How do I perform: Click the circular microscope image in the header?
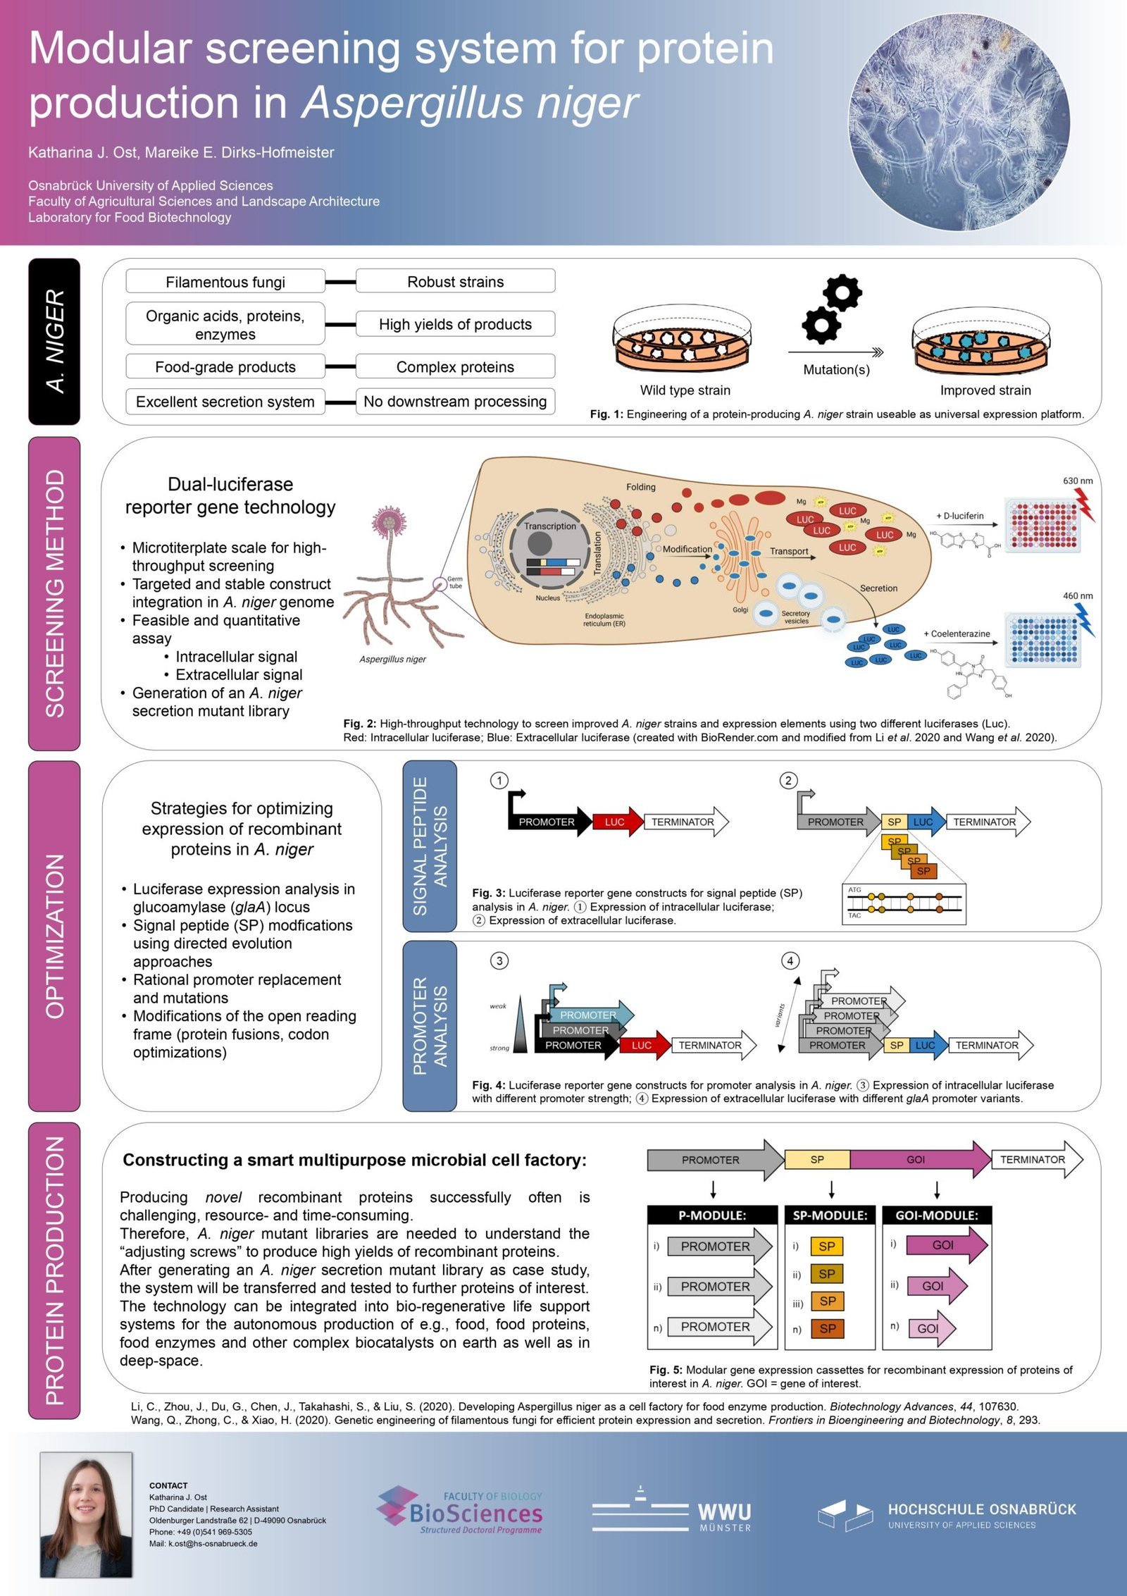959,123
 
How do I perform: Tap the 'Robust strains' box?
455,281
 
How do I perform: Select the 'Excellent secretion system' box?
225,401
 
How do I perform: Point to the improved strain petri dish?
982,346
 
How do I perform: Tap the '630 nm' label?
1077,481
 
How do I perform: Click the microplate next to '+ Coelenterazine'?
1043,640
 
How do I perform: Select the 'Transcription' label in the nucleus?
549,526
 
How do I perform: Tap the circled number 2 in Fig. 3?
788,780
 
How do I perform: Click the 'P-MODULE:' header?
712,1215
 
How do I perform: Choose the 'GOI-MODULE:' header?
936,1215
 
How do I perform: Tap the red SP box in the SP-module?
828,1328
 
